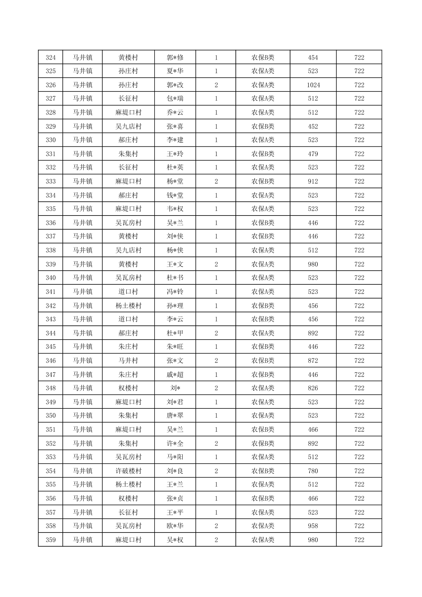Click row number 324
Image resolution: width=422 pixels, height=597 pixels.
51,57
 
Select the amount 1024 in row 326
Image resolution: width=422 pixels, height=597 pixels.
313,85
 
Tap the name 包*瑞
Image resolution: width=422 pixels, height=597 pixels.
175,99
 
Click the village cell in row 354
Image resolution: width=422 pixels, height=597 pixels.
128,471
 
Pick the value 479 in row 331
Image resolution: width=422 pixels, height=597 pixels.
313,154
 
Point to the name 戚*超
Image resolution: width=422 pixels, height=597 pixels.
175,375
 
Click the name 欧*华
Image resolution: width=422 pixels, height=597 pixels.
175,526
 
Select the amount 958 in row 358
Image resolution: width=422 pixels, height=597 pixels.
313,526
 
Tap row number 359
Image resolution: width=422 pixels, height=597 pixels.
51,540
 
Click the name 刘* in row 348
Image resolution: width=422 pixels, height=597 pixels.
175,388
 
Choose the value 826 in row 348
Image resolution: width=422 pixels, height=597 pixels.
313,388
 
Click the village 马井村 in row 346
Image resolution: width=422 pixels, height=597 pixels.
128,361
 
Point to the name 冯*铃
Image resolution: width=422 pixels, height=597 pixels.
175,292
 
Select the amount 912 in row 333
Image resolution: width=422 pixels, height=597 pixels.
313,182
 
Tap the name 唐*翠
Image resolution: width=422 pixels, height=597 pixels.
175,415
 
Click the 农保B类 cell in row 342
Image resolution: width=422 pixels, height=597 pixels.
263,306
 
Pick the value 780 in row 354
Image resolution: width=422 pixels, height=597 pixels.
313,471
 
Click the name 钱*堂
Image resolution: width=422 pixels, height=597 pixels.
175,195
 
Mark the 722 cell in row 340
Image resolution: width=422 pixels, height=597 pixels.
359,278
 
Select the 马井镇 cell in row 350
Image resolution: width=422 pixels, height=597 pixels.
83,415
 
